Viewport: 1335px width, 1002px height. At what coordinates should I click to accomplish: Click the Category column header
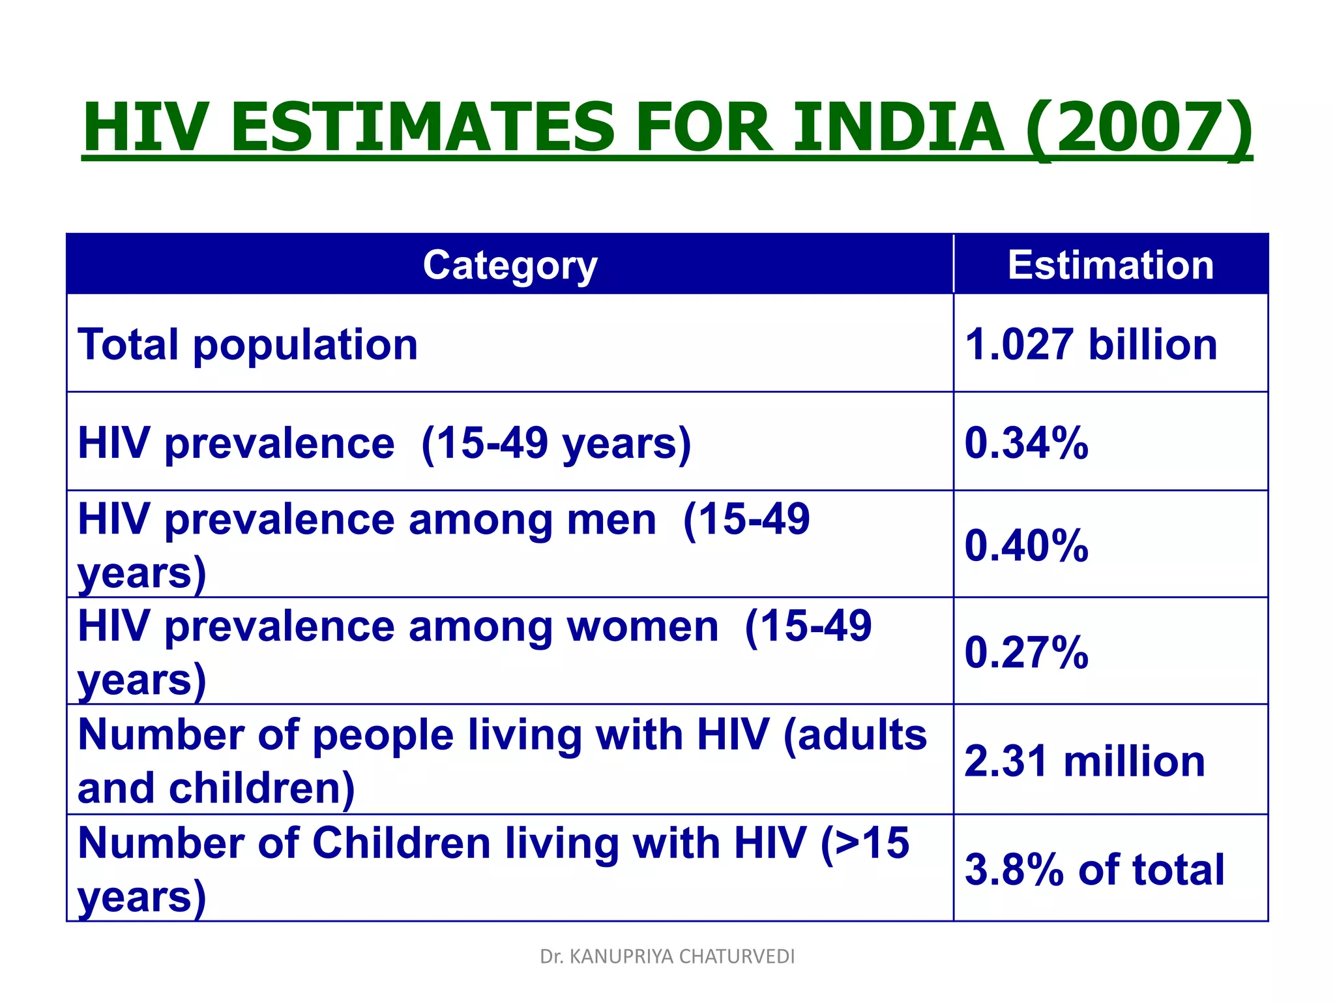click(x=510, y=266)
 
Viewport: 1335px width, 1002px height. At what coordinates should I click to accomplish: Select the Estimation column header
click(x=1110, y=265)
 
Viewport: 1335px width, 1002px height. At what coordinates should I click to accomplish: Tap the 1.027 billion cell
click(x=1091, y=344)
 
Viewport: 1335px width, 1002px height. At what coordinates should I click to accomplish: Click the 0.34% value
click(x=1026, y=443)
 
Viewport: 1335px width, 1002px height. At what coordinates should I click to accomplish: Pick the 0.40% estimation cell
click(x=1026, y=545)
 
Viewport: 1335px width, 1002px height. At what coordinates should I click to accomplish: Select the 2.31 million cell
click(x=1084, y=761)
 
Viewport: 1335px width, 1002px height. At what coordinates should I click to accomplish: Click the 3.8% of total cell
click(x=1094, y=870)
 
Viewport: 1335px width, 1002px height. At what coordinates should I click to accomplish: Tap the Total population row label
click(x=248, y=344)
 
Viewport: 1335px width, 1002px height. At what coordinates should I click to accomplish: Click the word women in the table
click(x=642, y=627)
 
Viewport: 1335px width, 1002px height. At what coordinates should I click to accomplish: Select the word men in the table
click(x=611, y=521)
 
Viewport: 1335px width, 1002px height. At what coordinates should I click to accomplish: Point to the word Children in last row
click(x=401, y=843)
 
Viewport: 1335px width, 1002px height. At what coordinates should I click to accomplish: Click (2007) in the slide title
click(x=1138, y=127)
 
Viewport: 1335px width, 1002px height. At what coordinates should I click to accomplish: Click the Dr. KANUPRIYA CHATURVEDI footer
click(x=667, y=956)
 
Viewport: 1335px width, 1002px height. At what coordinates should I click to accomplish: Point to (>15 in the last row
click(x=864, y=843)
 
